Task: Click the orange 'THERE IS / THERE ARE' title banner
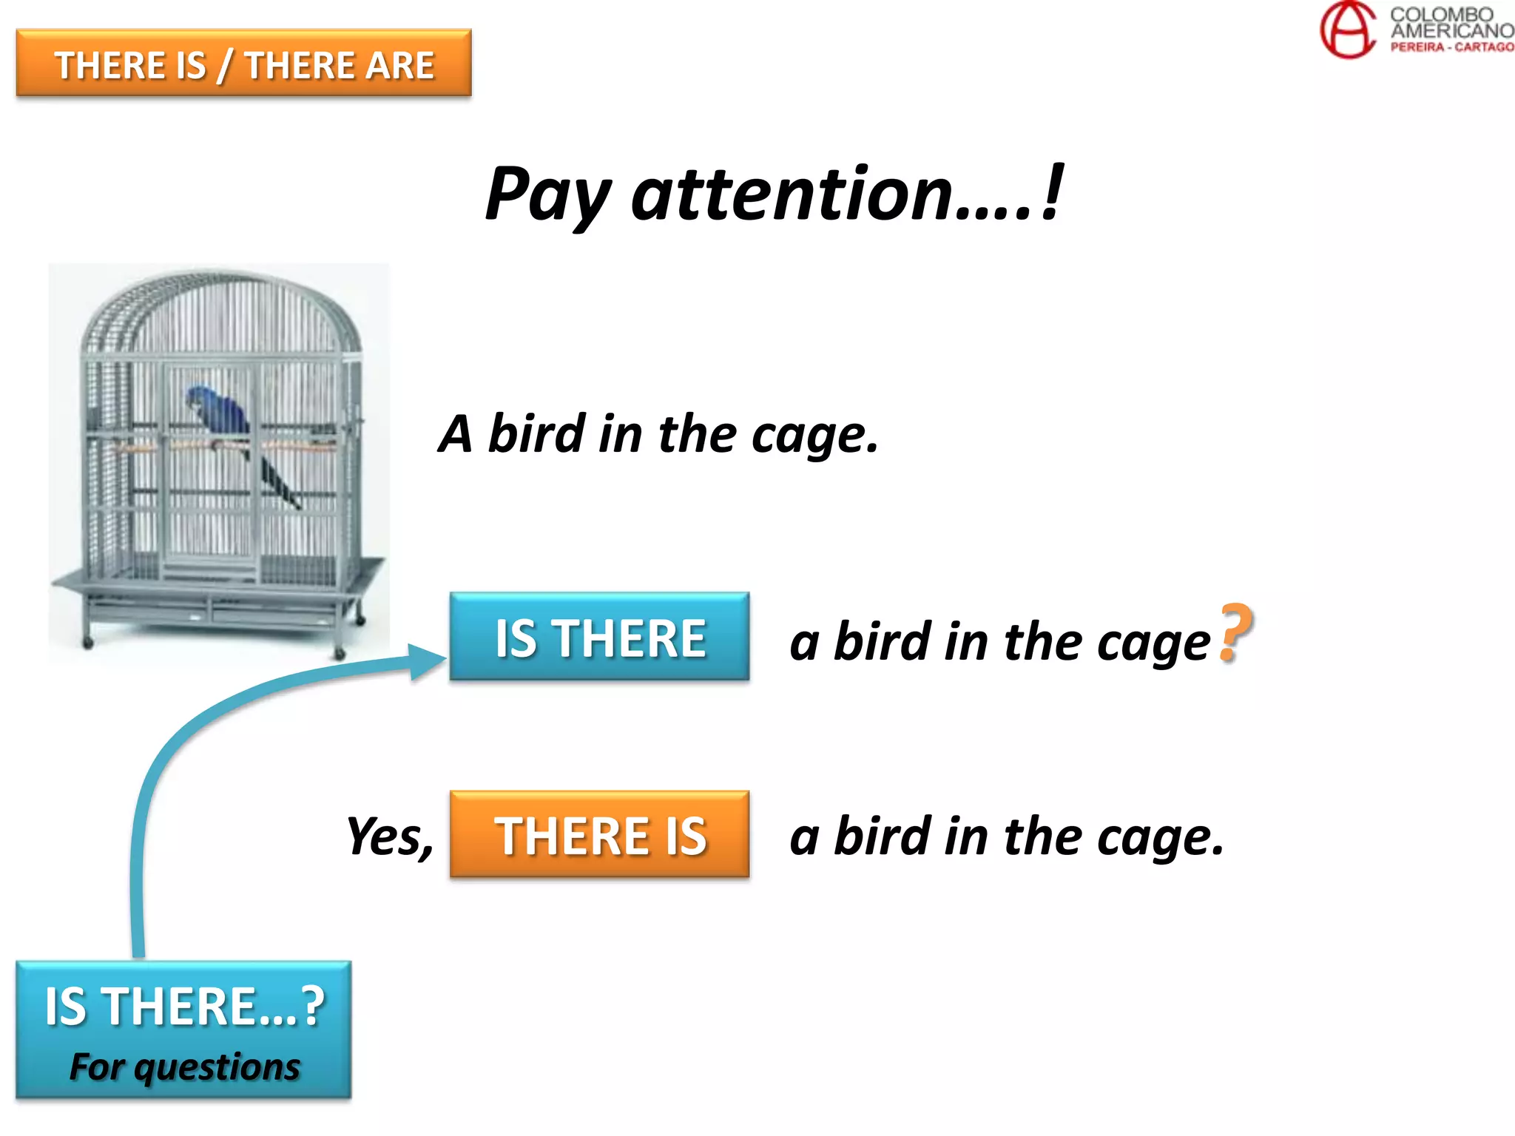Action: point(243,64)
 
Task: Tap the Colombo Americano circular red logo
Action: point(1347,30)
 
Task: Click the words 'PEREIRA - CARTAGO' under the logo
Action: point(1451,47)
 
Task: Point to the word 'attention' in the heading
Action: point(791,194)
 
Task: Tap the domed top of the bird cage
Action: point(222,311)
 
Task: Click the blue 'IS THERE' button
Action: point(599,637)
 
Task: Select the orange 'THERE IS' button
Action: point(599,835)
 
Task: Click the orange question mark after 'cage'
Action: point(1235,633)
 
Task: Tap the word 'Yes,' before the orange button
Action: point(390,836)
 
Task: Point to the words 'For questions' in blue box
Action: point(184,1066)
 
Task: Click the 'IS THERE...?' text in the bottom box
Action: point(184,1007)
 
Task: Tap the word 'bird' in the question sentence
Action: point(882,640)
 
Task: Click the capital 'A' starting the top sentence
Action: point(456,434)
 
